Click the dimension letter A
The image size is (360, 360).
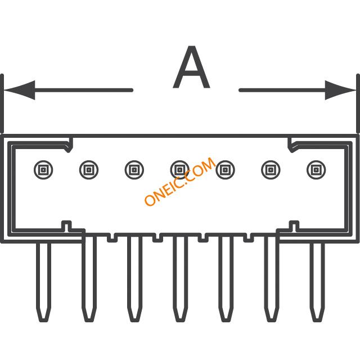point(191,67)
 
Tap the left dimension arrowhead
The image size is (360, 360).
point(19,90)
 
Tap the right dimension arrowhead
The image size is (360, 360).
point(340,90)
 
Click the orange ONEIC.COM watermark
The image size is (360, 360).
point(180,181)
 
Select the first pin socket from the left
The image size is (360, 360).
point(43,170)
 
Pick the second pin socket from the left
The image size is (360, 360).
point(89,170)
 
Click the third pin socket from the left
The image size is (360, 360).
point(134,170)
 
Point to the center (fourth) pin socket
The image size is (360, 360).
point(180,170)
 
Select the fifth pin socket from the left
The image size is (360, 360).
point(225,170)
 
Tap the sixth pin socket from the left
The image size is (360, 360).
point(271,170)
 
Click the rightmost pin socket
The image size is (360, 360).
point(316,170)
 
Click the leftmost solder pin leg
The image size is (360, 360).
point(43,282)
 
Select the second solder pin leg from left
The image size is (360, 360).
point(89,279)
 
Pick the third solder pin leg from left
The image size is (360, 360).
point(134,279)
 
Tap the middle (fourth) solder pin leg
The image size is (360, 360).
point(180,279)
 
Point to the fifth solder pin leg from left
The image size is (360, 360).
point(226,279)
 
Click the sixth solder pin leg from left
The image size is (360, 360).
point(271,279)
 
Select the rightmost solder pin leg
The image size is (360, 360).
point(317,282)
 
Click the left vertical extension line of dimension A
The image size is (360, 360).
point(2,103)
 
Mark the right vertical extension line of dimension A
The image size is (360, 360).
point(358,103)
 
